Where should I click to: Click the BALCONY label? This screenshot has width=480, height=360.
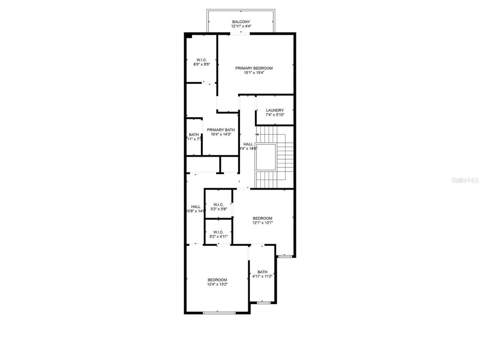coord(241,22)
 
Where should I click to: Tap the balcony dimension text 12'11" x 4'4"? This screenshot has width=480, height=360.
coord(241,27)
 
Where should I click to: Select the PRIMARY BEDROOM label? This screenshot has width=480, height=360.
coord(254,68)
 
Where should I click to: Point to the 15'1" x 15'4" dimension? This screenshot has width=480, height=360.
coord(254,73)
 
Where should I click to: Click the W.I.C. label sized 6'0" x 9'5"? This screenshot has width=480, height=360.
coord(201,60)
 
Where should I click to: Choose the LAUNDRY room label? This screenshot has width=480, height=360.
coord(274,110)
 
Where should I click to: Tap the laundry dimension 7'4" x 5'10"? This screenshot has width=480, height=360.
coord(274,115)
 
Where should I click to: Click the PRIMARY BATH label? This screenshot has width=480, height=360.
coord(220,130)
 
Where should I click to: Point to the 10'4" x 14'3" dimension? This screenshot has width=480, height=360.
coord(220,134)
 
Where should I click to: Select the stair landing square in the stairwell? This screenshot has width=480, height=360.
coord(265,156)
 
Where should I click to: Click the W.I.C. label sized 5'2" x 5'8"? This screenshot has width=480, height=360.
coord(218,205)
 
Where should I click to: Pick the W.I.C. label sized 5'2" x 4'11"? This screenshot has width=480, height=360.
coord(218,232)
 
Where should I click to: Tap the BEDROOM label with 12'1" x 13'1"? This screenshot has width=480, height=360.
coord(262,218)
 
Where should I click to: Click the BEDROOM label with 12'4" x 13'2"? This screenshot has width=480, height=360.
coord(217,280)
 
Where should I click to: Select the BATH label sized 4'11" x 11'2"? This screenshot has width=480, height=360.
coord(262,272)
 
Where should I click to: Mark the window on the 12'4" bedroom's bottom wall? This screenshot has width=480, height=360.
coord(219,313)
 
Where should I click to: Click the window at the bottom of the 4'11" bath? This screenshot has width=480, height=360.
coord(264,303)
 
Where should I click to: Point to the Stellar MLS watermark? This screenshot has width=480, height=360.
coord(465,180)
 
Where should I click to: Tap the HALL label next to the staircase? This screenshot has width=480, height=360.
coord(248,144)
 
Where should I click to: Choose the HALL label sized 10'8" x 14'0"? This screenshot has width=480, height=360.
coord(195,207)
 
